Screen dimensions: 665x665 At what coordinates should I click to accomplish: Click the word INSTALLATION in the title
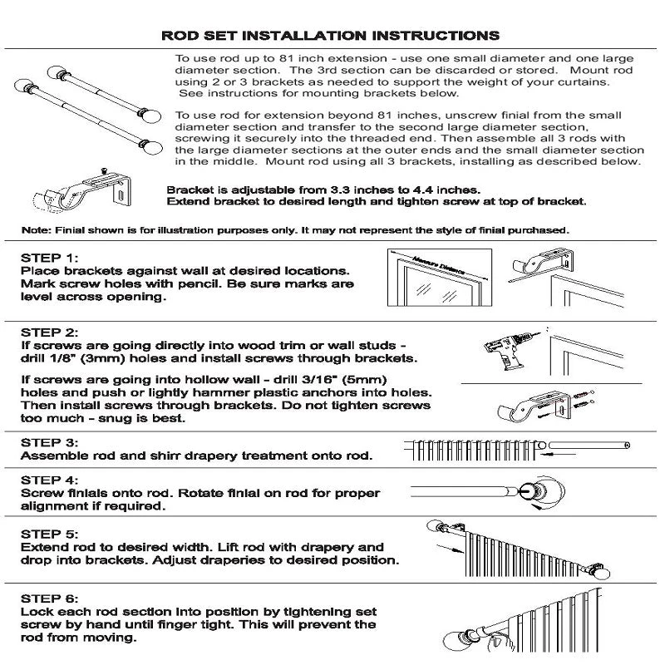pyautogui.click(x=305, y=35)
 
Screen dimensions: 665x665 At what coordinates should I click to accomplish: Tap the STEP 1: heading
pyautogui.click(x=50, y=258)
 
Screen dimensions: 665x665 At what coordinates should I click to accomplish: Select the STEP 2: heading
pyautogui.click(x=50, y=332)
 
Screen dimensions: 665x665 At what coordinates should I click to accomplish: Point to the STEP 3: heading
pyautogui.click(x=50, y=443)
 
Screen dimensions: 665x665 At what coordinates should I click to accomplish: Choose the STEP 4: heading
pyautogui.click(x=50, y=480)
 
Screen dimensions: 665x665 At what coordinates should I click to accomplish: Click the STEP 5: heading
pyautogui.click(x=50, y=534)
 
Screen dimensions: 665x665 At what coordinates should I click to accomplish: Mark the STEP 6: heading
pyautogui.click(x=50, y=598)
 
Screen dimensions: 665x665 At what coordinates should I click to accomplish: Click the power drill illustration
pyautogui.click(x=511, y=350)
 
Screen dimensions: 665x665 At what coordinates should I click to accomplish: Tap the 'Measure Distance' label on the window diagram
pyautogui.click(x=439, y=265)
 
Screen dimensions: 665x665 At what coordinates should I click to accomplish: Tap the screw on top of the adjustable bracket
pyautogui.click(x=103, y=171)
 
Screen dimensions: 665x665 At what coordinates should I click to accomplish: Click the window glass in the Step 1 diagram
pyautogui.click(x=438, y=289)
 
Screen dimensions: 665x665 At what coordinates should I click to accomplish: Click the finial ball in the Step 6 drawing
pyautogui.click(x=455, y=643)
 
